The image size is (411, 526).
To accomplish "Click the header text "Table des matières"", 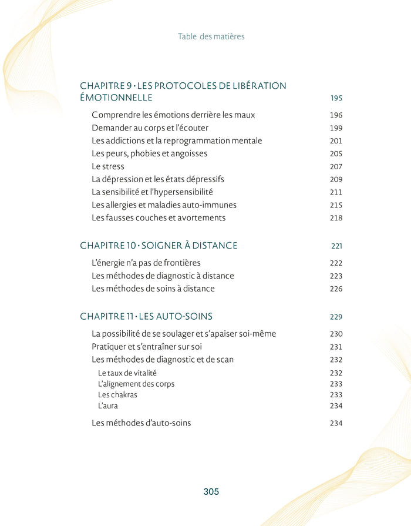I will pyautogui.click(x=211, y=36).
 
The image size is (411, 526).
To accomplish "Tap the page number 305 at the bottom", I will pyautogui.click(x=211, y=492).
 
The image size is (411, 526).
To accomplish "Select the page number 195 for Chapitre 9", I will pyautogui.click(x=336, y=98).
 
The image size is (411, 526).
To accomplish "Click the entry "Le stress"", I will pyautogui.click(x=108, y=166).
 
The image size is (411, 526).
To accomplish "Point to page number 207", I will pyautogui.click(x=336, y=167).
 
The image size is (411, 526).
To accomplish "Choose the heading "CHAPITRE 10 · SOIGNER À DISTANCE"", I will pyautogui.click(x=159, y=245).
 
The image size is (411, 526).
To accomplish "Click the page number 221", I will pyautogui.click(x=336, y=246).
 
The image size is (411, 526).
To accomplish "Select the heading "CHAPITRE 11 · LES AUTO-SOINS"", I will pyautogui.click(x=146, y=316).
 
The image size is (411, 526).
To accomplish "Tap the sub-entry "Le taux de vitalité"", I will pyautogui.click(x=127, y=373).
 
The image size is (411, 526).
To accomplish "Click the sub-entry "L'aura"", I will pyautogui.click(x=108, y=406).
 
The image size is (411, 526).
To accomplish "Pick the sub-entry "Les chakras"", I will pyautogui.click(x=117, y=395).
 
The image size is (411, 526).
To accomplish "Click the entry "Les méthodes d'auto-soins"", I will pyautogui.click(x=141, y=423).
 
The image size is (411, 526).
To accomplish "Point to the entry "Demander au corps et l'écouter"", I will pyautogui.click(x=150, y=128).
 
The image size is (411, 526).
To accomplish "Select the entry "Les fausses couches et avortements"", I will pyautogui.click(x=159, y=217).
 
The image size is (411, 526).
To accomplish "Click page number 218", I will pyautogui.click(x=336, y=218).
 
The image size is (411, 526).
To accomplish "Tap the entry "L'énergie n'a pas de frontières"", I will pyautogui.click(x=146, y=263).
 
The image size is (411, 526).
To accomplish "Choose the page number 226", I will pyautogui.click(x=336, y=289).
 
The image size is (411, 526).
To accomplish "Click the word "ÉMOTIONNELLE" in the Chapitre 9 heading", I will pyautogui.click(x=116, y=98).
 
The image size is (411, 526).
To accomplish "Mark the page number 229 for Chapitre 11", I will pyautogui.click(x=336, y=317).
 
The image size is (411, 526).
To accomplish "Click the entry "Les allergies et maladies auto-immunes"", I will pyautogui.click(x=164, y=205).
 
